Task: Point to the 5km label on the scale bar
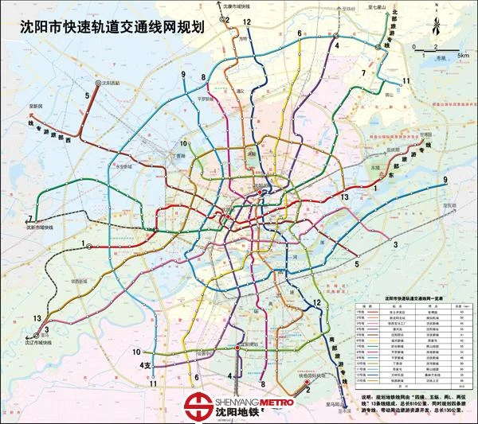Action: click(463, 56)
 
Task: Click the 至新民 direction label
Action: click(31, 104)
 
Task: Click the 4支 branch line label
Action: click(145, 365)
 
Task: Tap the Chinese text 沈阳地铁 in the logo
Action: click(242, 415)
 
